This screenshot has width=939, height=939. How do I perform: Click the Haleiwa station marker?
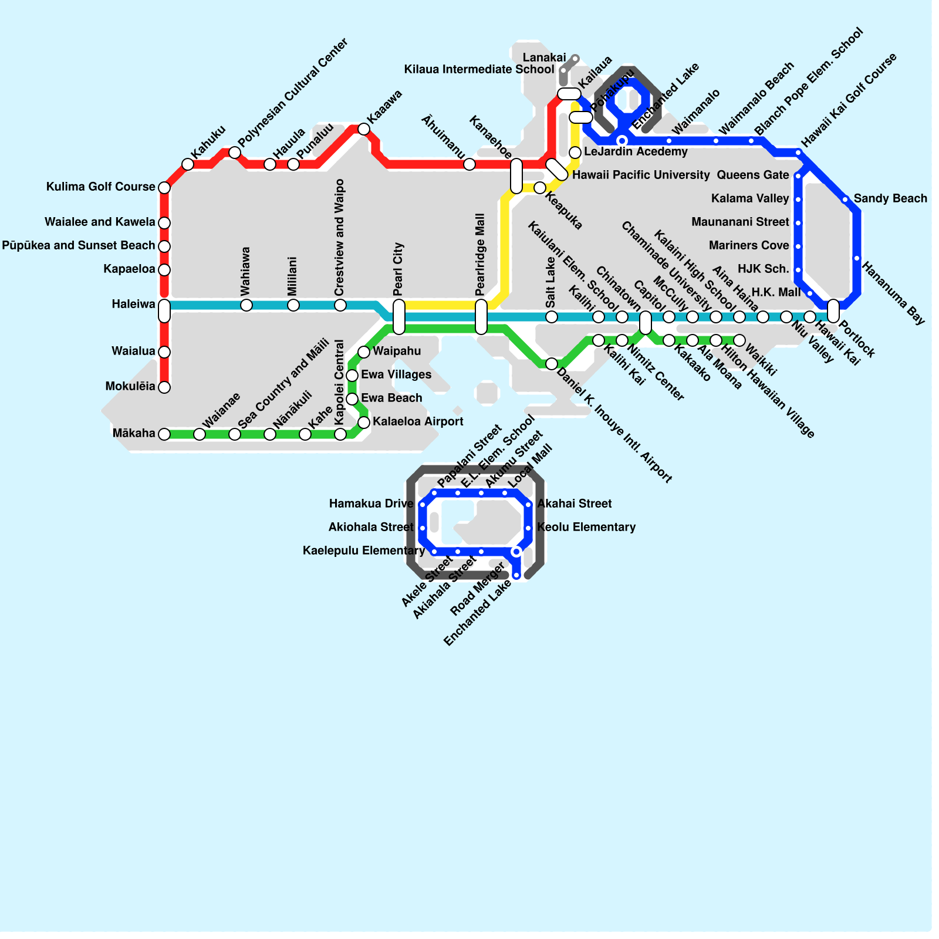click(x=164, y=310)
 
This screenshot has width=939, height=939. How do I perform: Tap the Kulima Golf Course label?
click(x=100, y=187)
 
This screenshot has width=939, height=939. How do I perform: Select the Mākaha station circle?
click(x=164, y=434)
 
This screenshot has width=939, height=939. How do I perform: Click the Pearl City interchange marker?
click(x=399, y=317)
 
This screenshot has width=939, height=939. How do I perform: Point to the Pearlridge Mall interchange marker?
click(x=481, y=317)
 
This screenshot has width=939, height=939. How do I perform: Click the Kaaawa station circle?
click(x=364, y=129)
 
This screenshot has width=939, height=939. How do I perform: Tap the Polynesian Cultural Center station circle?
click(x=235, y=153)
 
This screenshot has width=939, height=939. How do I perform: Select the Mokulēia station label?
click(x=130, y=386)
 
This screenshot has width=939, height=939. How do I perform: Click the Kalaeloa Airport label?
click(x=418, y=421)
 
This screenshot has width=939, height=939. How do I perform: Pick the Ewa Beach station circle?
click(x=352, y=399)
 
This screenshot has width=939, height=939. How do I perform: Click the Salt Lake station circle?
click(x=552, y=317)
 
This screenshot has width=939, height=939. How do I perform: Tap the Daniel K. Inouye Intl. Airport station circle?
click(x=552, y=364)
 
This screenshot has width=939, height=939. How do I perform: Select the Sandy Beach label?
click(x=890, y=198)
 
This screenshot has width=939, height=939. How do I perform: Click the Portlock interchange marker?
click(x=833, y=311)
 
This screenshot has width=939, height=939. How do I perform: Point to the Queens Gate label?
click(x=753, y=175)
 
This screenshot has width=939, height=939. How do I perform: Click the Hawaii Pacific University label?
click(x=641, y=175)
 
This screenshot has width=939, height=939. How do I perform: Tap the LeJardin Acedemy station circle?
click(x=575, y=153)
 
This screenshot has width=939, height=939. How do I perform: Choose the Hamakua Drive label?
click(x=371, y=504)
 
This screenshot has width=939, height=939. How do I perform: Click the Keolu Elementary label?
click(x=586, y=527)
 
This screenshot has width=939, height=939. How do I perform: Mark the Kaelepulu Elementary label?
click(x=364, y=550)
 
